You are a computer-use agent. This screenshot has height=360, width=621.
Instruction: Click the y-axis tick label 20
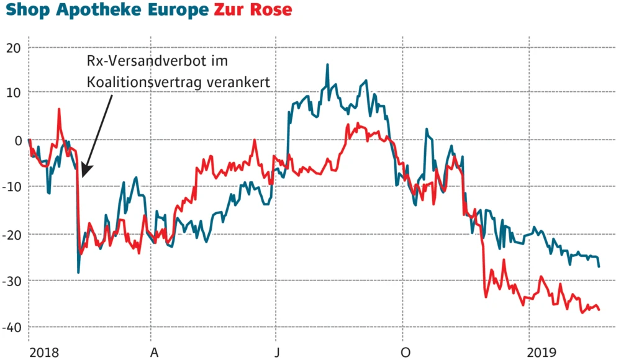click(13, 48)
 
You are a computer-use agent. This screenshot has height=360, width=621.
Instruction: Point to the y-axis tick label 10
click(13, 94)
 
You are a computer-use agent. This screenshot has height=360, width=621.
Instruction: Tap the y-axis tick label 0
click(17, 140)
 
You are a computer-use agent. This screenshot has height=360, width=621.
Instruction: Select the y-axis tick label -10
click(12, 187)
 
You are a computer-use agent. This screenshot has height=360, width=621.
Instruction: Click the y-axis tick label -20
click(12, 234)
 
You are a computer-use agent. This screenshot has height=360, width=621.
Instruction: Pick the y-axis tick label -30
click(12, 281)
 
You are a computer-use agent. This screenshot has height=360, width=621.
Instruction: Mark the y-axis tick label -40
click(12, 327)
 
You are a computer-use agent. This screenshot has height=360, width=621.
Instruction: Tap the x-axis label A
click(155, 352)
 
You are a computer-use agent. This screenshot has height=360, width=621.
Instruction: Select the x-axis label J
click(279, 352)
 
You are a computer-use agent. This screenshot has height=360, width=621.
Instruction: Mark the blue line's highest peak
click(327, 65)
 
